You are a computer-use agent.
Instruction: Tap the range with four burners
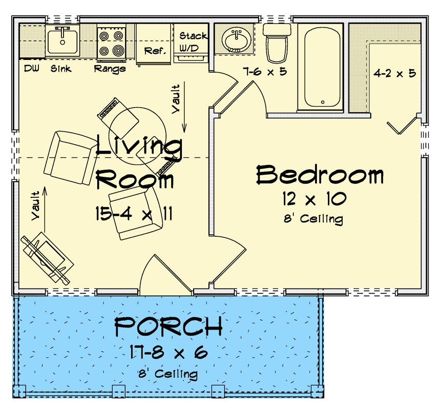(x=112, y=43)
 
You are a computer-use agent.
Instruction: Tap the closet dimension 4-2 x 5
(x=394, y=73)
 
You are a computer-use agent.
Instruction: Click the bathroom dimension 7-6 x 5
(x=265, y=72)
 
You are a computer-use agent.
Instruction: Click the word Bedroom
(x=320, y=175)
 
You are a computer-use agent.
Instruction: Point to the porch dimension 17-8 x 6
(x=168, y=353)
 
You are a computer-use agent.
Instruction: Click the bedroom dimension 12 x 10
(x=313, y=198)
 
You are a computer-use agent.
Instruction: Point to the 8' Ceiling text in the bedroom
(x=313, y=219)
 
